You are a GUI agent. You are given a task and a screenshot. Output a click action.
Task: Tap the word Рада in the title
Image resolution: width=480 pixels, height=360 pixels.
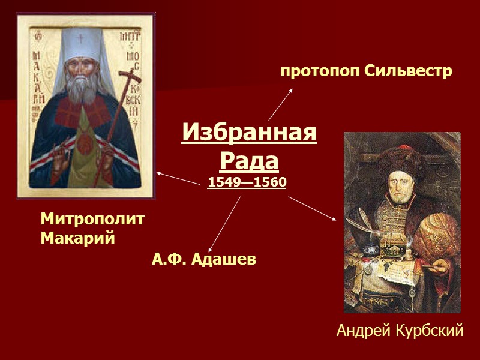[248, 160]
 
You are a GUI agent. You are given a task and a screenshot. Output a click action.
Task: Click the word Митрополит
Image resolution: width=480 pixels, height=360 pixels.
[93, 219]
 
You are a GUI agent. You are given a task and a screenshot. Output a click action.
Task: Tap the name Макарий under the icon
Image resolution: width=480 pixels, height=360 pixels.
[77, 238]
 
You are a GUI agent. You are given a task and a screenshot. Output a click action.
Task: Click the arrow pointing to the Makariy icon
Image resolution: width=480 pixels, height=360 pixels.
[178, 178]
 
